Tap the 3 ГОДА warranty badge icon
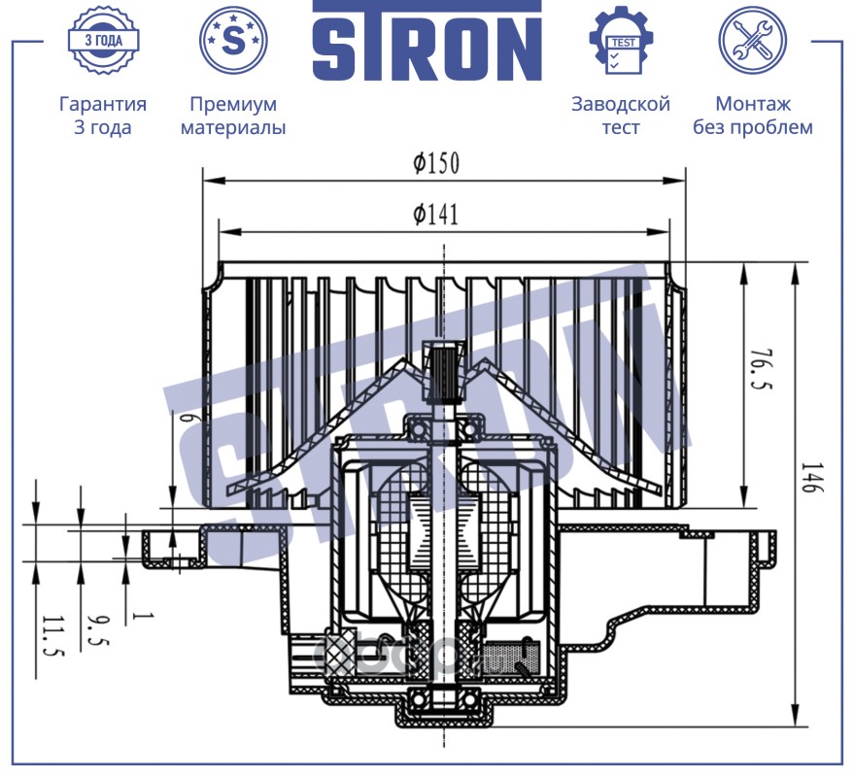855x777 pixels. click(x=103, y=41)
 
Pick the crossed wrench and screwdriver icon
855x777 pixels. click(x=752, y=40)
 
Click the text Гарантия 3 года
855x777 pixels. click(x=103, y=116)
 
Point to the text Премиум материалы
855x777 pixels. click(x=233, y=116)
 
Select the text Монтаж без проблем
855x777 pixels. click(x=752, y=116)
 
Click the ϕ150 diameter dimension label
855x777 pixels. click(x=436, y=164)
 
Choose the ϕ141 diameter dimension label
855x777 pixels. click(x=436, y=215)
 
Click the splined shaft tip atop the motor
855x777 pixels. click(x=444, y=374)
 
